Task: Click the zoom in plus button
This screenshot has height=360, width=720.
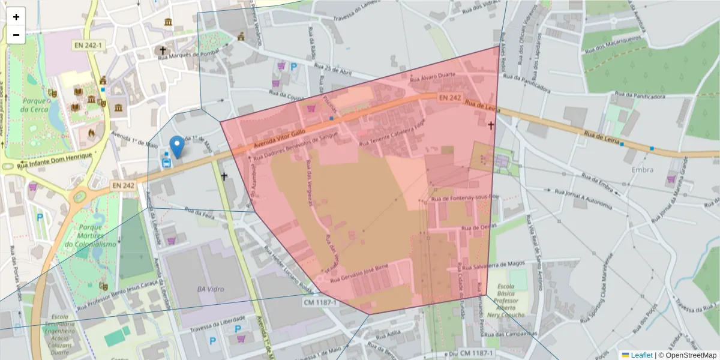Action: coord(16,17)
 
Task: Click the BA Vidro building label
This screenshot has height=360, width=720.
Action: coord(210,289)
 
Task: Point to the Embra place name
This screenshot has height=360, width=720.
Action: coord(643,170)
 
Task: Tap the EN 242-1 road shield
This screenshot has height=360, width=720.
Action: coord(87,45)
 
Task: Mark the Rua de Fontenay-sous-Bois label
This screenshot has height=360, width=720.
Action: coord(465,197)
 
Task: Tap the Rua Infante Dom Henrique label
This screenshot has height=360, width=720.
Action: coord(55,160)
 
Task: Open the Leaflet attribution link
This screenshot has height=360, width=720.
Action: coord(641,355)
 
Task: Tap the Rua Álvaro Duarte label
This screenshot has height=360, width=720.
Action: coord(432,77)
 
